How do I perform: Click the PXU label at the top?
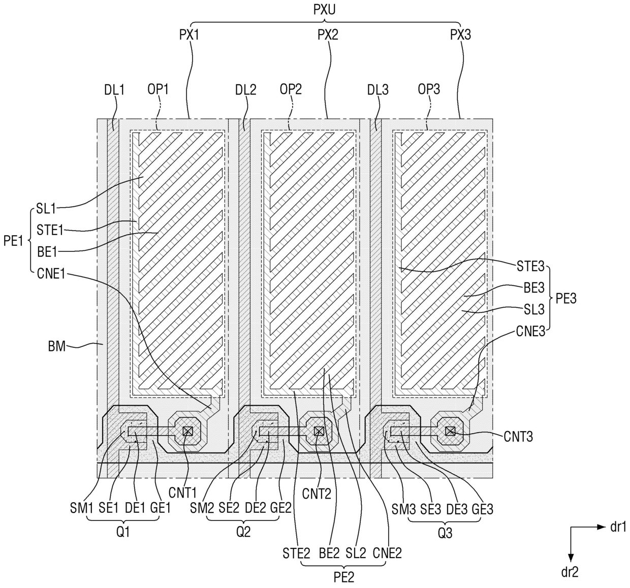click(x=324, y=10)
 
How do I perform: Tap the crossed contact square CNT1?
click(x=187, y=431)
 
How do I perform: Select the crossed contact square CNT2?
click(x=319, y=431)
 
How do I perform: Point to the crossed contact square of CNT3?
click(x=450, y=431)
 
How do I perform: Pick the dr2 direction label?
click(x=570, y=572)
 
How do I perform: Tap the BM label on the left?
click(x=57, y=346)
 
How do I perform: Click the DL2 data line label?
click(x=245, y=90)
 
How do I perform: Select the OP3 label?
click(x=429, y=89)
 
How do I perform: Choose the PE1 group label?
click(x=13, y=241)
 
